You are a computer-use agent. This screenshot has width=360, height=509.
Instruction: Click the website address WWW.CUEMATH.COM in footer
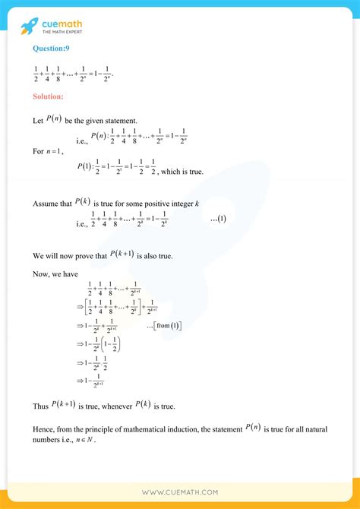pyautogui.click(x=179, y=492)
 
